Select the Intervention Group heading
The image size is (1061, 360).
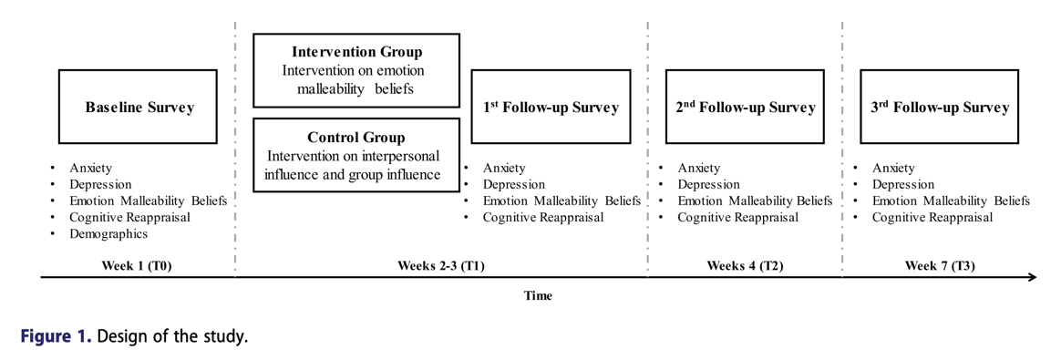(356, 52)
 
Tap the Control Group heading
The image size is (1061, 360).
(356, 138)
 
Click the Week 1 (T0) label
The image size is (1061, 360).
(137, 265)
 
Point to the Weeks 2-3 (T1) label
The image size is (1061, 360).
(440, 265)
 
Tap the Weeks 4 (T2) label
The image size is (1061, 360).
(745, 265)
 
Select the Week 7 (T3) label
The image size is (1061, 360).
(940, 265)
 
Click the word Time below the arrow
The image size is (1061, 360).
(538, 295)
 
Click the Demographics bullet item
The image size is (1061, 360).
(108, 234)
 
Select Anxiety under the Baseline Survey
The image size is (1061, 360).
(90, 168)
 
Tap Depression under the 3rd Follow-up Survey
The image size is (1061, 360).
(902, 184)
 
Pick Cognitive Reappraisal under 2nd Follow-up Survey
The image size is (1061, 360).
(738, 217)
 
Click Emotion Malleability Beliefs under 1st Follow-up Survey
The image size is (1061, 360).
(561, 201)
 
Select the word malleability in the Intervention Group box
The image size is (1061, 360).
(330, 88)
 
